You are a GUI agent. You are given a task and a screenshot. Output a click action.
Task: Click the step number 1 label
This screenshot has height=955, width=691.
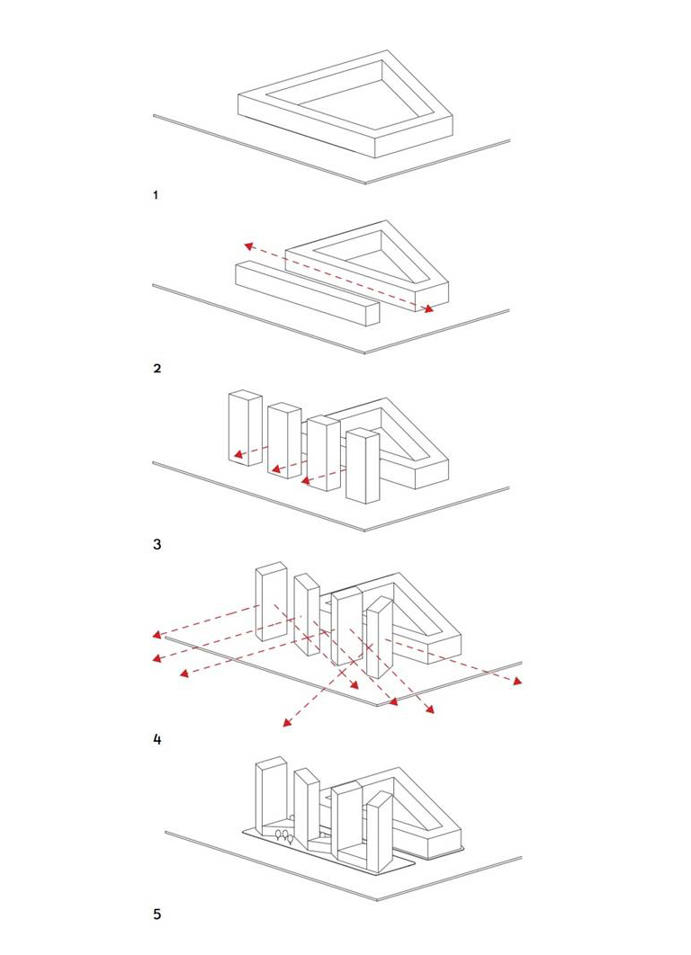[157, 194]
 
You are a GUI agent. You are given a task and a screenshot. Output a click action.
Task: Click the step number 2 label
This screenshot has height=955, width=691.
[157, 368]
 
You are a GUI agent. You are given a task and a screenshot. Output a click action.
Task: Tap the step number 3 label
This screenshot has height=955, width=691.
[157, 544]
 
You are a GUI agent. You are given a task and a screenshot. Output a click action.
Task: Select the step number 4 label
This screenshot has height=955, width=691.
[157, 740]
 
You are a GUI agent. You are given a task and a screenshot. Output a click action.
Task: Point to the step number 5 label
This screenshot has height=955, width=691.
[157, 915]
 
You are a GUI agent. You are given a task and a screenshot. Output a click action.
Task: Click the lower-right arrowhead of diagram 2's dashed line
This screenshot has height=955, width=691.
[428, 309]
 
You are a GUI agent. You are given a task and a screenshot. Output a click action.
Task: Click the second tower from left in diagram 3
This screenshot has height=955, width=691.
[283, 439]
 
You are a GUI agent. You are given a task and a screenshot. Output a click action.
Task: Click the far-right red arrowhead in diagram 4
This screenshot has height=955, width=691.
[516, 682]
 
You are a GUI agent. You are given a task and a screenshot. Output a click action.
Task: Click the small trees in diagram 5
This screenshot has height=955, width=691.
[284, 836]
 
